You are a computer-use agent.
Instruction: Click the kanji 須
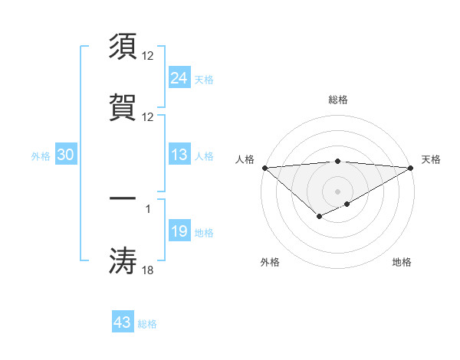(123, 46)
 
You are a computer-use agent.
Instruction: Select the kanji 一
(123, 199)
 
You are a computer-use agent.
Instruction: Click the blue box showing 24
(179, 77)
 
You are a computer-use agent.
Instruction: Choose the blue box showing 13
(179, 155)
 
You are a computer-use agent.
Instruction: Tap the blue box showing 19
(179, 231)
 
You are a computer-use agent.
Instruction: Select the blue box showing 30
(65, 155)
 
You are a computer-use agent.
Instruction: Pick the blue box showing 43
(122, 322)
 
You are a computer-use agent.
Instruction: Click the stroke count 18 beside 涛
(148, 270)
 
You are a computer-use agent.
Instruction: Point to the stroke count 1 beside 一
(148, 208)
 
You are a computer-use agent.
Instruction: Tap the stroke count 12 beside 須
(148, 56)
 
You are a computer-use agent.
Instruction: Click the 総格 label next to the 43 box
(147, 324)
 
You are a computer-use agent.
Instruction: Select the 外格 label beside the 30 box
(41, 156)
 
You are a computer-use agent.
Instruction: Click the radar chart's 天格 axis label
(431, 159)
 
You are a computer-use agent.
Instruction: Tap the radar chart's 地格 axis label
(402, 262)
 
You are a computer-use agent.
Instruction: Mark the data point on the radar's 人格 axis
(264, 168)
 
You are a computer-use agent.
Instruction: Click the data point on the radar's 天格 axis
(411, 168)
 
